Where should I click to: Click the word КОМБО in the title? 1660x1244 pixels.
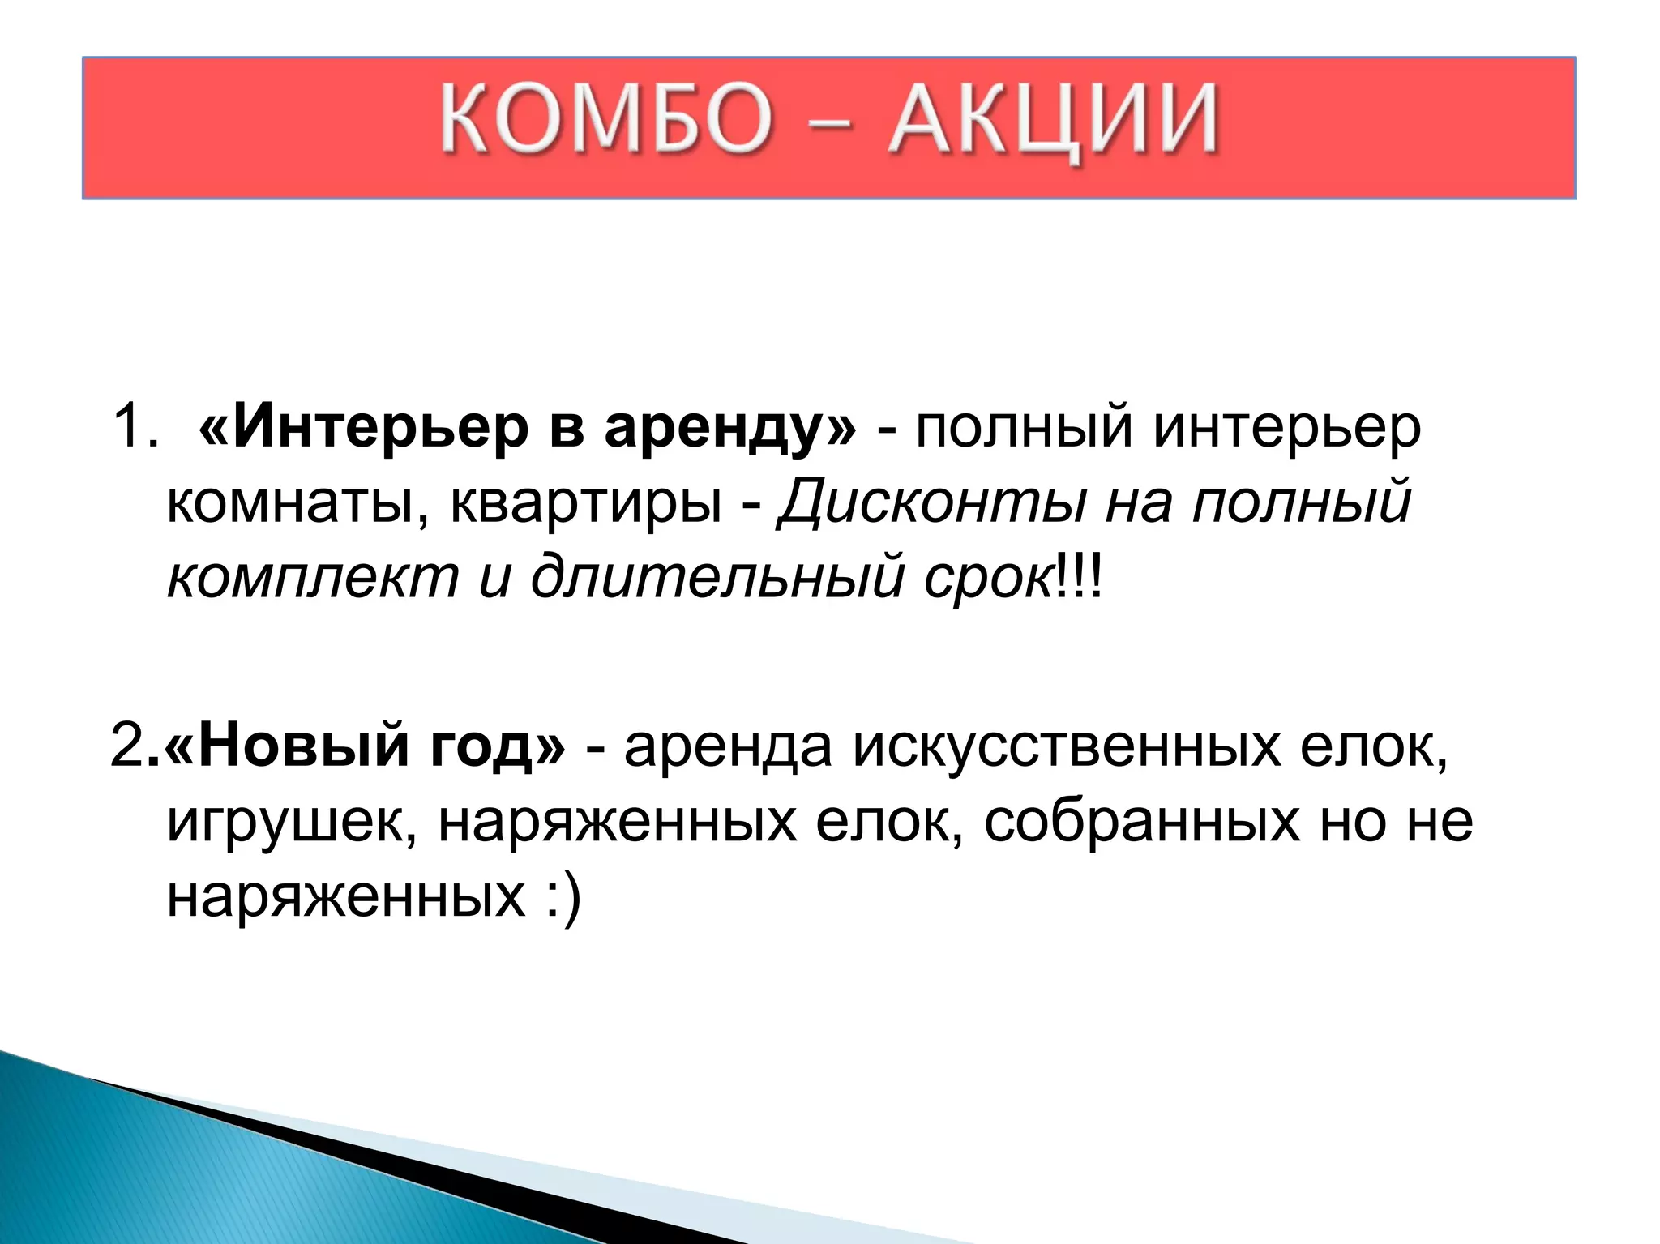605,119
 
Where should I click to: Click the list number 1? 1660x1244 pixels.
134,427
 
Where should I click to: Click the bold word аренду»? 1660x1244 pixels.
729,429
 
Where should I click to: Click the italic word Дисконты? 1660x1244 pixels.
931,502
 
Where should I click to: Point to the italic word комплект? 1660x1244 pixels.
313,577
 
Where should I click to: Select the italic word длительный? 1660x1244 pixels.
717,577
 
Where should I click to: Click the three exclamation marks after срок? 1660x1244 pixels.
1079,577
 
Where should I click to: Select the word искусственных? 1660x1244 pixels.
1067,746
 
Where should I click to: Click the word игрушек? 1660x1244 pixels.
292,823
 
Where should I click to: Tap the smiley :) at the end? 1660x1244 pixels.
562,898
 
